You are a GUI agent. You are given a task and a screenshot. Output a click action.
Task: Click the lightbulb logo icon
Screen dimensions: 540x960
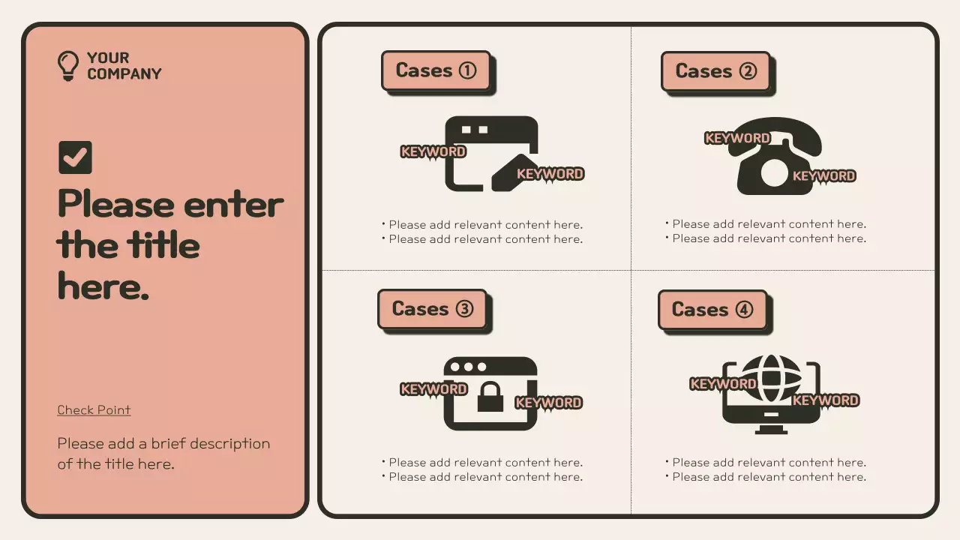click(x=68, y=66)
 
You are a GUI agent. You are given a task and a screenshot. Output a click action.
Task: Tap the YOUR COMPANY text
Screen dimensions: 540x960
click(x=124, y=66)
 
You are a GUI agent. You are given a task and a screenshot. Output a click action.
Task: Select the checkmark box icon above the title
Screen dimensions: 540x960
click(x=75, y=157)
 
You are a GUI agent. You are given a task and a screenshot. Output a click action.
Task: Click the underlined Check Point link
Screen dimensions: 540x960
click(x=94, y=410)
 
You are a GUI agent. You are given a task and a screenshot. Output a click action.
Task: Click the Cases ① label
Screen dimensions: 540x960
click(x=436, y=70)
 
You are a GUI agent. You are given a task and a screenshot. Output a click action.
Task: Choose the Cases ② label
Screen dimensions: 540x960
click(x=715, y=71)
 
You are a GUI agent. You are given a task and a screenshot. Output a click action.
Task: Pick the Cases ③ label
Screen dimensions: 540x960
click(x=432, y=309)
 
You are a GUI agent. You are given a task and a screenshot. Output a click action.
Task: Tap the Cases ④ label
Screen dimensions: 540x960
click(x=712, y=310)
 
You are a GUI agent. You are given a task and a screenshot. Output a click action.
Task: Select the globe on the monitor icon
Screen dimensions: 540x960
click(x=771, y=379)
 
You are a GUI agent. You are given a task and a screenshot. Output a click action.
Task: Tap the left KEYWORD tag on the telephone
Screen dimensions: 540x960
click(x=737, y=138)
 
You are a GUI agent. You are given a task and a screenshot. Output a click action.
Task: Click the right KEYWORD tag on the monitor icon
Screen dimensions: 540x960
click(x=825, y=400)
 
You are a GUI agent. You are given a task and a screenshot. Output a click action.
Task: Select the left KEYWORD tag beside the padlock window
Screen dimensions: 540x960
click(x=433, y=389)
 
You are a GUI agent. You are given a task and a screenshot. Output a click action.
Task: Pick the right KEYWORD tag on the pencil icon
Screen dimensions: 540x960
click(x=550, y=174)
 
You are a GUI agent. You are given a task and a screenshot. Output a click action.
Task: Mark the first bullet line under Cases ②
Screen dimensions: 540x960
click(x=768, y=224)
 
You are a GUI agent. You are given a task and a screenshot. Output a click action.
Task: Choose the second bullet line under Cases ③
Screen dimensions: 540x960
click(x=485, y=477)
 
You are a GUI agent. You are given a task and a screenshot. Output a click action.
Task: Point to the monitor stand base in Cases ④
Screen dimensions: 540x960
click(x=771, y=430)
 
